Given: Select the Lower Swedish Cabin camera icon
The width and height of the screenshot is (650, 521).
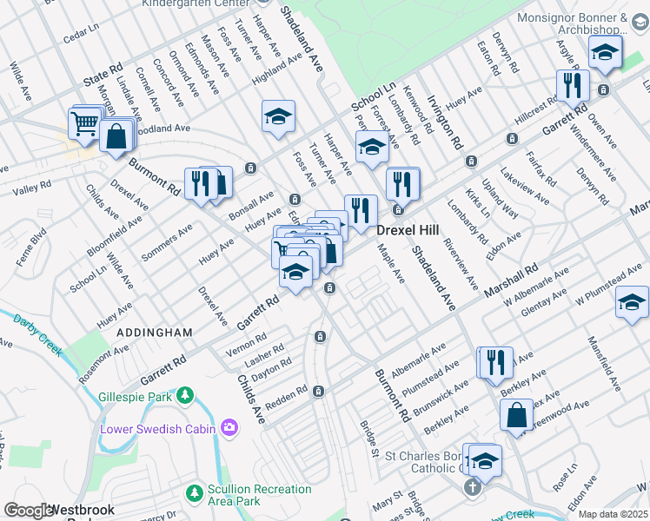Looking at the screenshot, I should click(229, 427).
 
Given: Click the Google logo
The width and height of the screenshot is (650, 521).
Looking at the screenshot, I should click(28, 511).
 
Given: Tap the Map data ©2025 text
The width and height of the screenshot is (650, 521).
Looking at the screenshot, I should click(613, 514).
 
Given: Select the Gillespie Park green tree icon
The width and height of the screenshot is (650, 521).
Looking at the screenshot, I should click(184, 396).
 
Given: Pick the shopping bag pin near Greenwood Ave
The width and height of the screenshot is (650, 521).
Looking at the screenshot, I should click(516, 416).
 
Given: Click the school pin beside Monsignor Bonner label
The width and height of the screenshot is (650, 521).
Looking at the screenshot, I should click(604, 54).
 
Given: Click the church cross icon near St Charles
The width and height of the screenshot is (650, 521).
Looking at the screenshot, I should click(471, 486).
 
